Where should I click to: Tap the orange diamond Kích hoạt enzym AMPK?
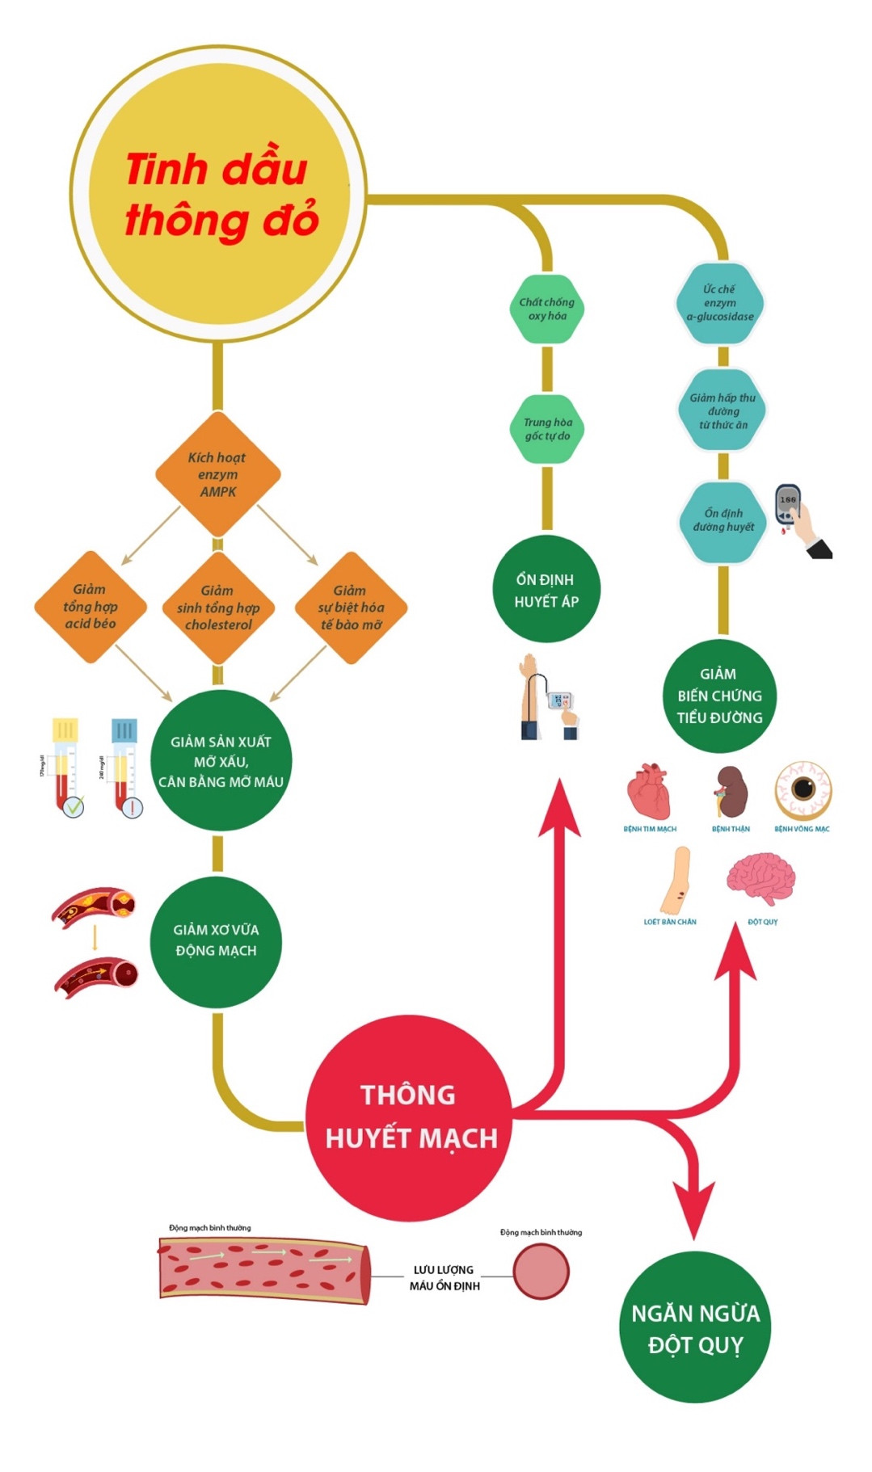click(217, 474)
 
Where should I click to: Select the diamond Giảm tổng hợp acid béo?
click(90, 607)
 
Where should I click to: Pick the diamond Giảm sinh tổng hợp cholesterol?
click(217, 608)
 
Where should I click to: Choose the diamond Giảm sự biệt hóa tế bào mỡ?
click(351, 608)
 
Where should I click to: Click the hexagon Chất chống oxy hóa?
click(547, 309)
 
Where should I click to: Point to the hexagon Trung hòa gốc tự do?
click(547, 429)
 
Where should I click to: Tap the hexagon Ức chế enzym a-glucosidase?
click(719, 303)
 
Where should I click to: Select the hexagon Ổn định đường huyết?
click(722, 520)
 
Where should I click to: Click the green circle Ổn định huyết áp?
click(546, 590)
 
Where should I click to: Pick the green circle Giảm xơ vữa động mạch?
click(216, 940)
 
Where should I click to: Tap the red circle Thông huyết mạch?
click(410, 1117)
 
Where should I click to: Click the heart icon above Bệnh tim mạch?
click(649, 792)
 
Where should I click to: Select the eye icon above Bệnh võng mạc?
click(802, 789)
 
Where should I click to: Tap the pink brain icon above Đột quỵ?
click(760, 879)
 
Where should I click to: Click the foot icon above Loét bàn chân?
click(676, 879)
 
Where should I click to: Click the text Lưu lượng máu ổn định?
click(444, 1277)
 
